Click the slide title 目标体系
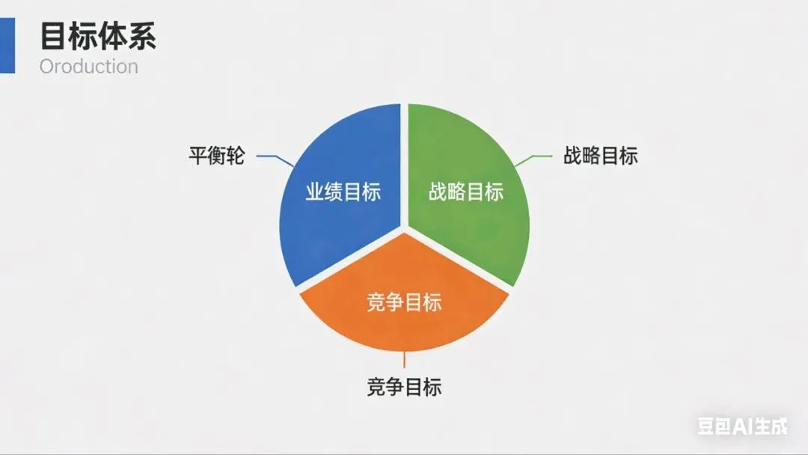[97, 35]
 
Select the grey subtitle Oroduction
[88, 67]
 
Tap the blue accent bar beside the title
[7, 46]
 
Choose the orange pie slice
[404, 322]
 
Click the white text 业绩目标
[343, 192]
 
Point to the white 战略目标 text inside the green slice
[465, 192]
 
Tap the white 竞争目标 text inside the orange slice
[404, 302]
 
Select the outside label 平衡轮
[216, 157]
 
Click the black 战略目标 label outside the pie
[600, 156]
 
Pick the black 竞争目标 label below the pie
[404, 387]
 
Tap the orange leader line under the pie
[404, 360]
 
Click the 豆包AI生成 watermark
[742, 427]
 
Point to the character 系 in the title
[141, 35]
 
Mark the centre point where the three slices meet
[404, 227]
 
